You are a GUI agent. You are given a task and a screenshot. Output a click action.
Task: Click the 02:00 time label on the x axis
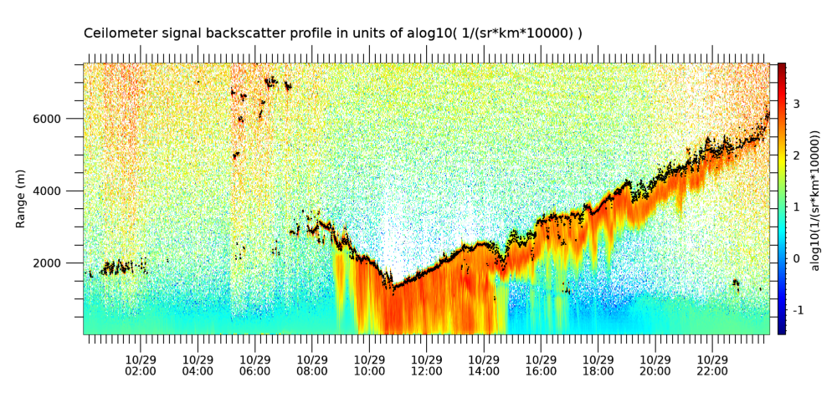click(141, 371)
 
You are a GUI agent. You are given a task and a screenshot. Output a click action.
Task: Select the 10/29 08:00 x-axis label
click(311, 365)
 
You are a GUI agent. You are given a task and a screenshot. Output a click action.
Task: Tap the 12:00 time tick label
click(427, 371)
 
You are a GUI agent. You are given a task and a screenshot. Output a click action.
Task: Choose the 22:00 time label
click(712, 371)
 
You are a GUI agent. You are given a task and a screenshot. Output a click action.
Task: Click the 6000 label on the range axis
click(64, 119)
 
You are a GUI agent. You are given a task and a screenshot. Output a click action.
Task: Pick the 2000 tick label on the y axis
click(64, 263)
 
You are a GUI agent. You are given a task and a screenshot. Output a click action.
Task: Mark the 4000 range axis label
click(64, 191)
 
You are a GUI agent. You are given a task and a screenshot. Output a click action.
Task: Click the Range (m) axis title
click(20, 199)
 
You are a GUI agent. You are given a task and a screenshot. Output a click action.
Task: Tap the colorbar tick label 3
click(796, 104)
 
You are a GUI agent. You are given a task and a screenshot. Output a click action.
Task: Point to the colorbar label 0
click(796, 258)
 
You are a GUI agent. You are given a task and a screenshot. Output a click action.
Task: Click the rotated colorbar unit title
click(815, 198)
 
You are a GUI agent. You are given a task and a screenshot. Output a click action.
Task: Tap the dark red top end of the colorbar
click(782, 65)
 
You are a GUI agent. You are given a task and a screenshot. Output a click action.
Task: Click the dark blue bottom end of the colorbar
click(782, 332)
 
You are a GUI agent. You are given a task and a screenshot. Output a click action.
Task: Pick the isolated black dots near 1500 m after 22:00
click(736, 284)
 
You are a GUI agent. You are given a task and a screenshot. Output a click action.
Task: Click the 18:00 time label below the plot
click(598, 371)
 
